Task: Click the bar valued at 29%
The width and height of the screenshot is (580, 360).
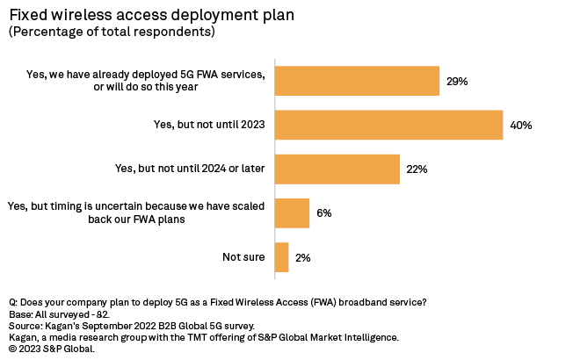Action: pos(357,81)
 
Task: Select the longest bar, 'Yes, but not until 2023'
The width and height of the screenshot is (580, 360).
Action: pos(388,125)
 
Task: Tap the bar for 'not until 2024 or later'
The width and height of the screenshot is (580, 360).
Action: pos(337,169)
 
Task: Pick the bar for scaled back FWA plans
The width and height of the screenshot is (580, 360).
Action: pos(292,213)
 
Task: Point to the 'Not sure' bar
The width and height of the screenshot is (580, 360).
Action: pos(282,257)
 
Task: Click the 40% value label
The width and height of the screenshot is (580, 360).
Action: pos(521,125)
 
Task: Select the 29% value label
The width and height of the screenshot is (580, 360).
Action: pos(457,81)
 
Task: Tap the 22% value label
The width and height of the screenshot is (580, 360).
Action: pos(417,169)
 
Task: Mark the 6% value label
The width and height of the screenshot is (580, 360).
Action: pos(324,213)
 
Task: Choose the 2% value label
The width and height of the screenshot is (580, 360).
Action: pos(303,257)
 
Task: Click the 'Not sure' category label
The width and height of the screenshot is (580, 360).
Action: pos(244,257)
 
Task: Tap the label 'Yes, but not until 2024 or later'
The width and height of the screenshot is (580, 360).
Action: pos(191,169)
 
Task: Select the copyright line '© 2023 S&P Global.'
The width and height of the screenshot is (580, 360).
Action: pos(52,349)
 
